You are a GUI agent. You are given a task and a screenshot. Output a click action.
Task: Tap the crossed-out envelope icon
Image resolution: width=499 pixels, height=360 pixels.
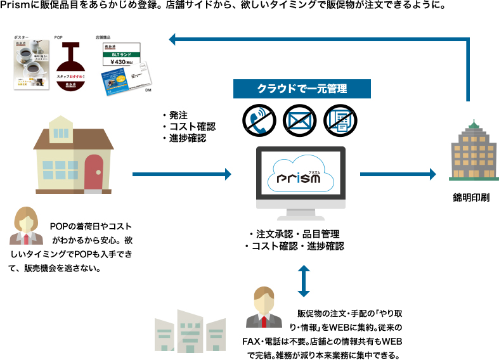coord(298,119)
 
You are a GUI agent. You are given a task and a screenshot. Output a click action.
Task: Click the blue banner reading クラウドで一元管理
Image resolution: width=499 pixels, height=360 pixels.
coord(302,88)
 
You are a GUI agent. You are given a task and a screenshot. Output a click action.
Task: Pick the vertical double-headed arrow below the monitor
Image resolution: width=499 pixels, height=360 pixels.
coord(304,280)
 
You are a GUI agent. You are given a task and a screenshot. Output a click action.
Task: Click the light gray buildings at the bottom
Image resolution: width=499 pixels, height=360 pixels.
coord(190,333)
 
